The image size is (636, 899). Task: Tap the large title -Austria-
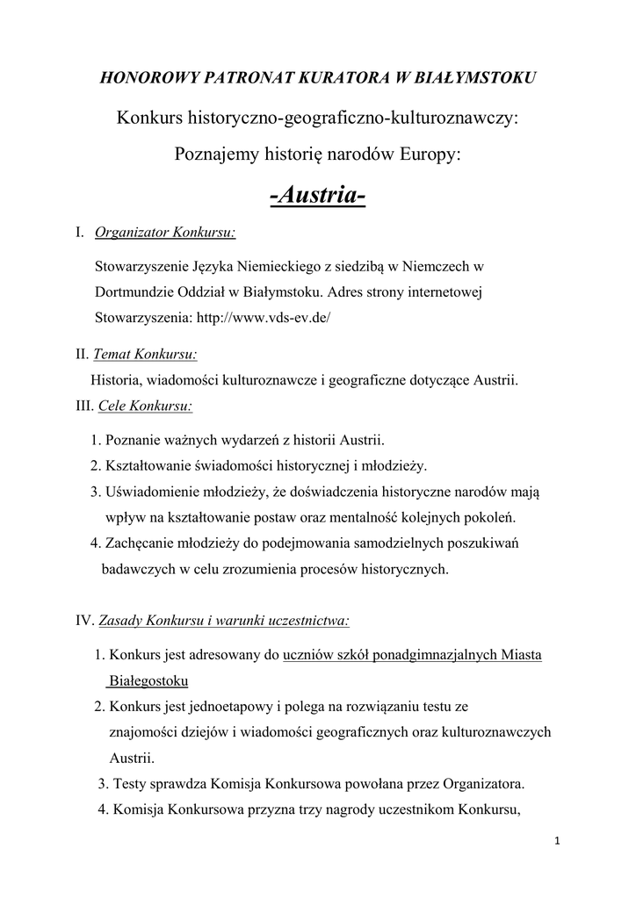tap(317, 196)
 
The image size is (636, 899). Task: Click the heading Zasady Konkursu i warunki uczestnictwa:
tap(224, 621)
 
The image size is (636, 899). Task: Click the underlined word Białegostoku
tap(148, 680)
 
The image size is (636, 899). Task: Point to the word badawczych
tap(139, 569)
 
